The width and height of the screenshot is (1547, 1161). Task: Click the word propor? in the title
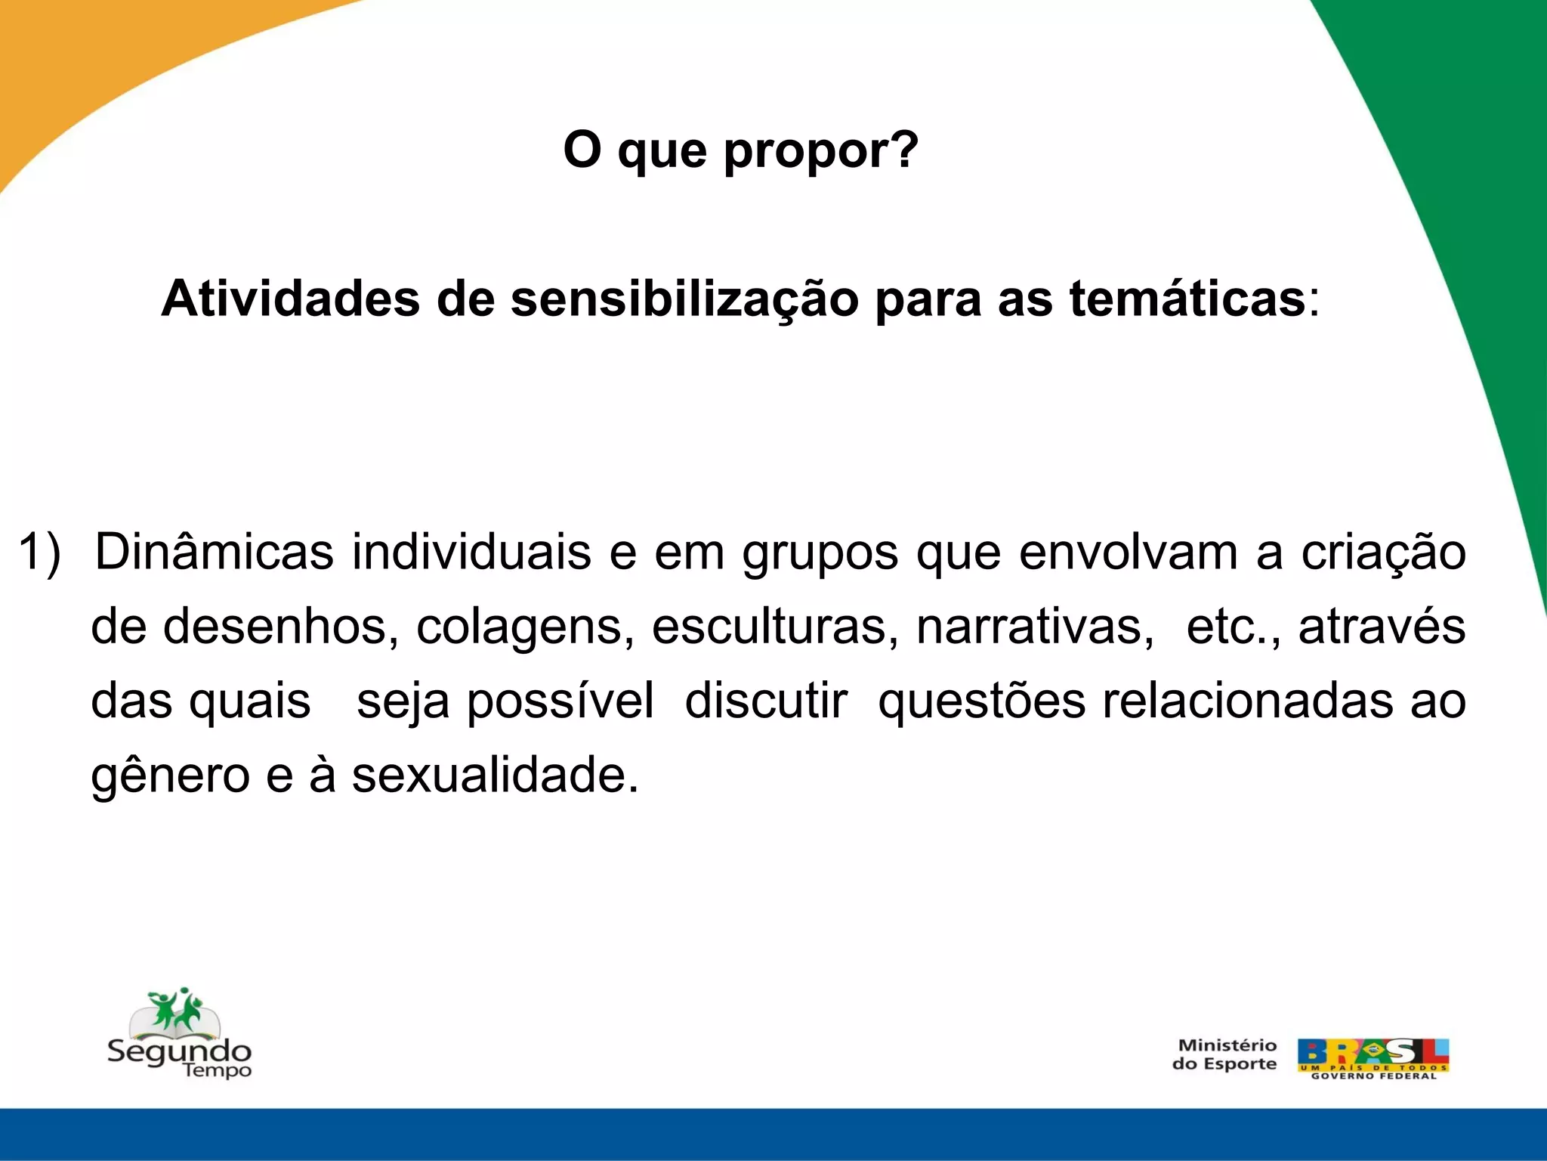coord(820,151)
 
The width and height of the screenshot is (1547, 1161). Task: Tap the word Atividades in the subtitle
coord(290,299)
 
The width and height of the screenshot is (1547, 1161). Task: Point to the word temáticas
coord(1187,299)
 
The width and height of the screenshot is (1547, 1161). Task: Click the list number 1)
coord(39,552)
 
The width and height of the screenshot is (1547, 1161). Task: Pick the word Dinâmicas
coord(214,552)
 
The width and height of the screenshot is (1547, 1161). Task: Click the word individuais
coord(471,552)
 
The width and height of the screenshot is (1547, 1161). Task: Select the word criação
coord(1383,553)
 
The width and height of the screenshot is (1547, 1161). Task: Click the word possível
coord(560,701)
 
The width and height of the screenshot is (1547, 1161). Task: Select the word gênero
coord(170,777)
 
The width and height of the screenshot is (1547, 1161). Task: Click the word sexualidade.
coord(495,776)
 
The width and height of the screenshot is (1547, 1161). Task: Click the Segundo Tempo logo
coord(179,1034)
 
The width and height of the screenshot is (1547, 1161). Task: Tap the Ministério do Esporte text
coord(1225,1054)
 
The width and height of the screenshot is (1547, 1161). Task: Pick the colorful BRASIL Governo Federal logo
coord(1373,1058)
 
